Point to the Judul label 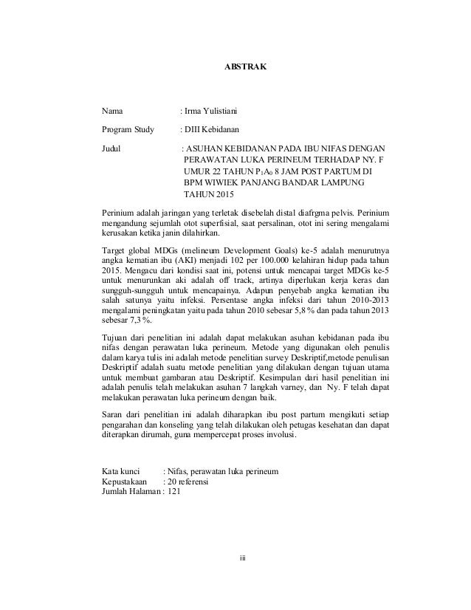(x=111, y=147)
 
